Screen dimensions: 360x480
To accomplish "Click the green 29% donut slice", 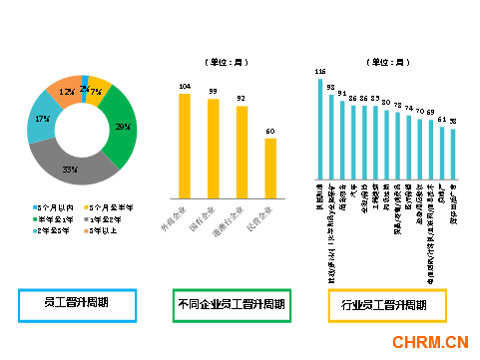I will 122,128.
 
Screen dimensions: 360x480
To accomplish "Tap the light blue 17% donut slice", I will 43,119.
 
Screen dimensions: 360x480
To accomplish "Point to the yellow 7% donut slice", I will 98,92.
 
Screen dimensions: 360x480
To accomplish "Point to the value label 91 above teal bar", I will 342,93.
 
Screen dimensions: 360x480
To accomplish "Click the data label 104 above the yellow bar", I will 184,86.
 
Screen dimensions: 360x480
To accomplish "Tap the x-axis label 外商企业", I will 180,216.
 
